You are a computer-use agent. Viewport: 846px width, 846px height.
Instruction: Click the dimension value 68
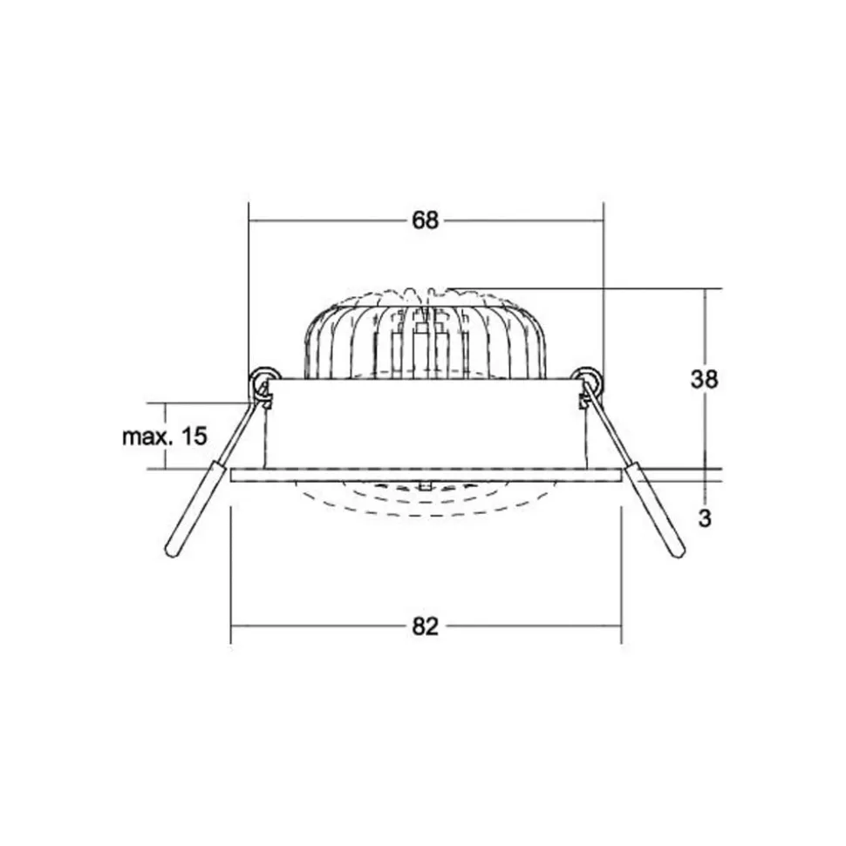coord(425,221)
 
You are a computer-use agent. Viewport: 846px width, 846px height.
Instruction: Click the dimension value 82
coord(425,626)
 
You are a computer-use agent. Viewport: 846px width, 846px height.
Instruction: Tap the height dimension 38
coord(705,380)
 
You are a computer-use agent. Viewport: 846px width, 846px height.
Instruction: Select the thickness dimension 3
coord(705,518)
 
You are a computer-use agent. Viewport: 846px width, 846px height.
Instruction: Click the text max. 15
coord(165,437)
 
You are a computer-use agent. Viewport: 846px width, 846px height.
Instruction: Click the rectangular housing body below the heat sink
coord(425,423)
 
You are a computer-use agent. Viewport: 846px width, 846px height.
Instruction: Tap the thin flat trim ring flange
coord(425,474)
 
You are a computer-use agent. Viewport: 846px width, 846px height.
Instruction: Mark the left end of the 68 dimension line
coord(249,221)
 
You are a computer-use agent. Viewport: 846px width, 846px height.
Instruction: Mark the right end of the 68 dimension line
coord(604,221)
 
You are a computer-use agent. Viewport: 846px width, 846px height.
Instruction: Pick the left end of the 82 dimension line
coord(231,626)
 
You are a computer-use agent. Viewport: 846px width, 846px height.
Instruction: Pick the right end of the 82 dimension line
coord(621,626)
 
